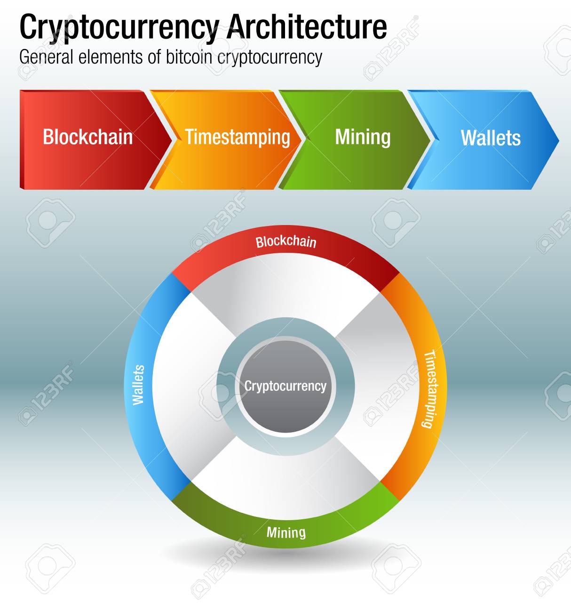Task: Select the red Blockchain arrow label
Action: [x=88, y=137]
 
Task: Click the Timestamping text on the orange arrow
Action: [x=238, y=137]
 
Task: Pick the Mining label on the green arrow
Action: [x=363, y=137]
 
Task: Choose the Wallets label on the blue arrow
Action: [x=491, y=138]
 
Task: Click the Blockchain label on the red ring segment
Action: [x=286, y=242]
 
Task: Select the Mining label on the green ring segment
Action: [x=286, y=532]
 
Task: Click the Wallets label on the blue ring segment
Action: [x=139, y=385]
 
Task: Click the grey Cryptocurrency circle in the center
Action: [x=285, y=386]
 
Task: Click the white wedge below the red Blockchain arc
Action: [x=286, y=292]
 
